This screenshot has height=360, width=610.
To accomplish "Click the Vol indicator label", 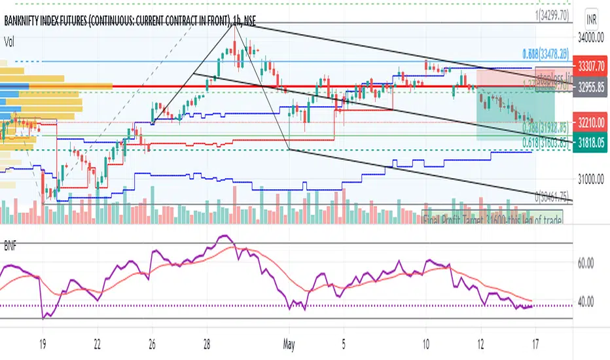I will pos(10,41).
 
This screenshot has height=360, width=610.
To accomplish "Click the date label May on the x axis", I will pos(288,342).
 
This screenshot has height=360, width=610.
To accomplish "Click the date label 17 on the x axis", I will pos(535,342).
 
